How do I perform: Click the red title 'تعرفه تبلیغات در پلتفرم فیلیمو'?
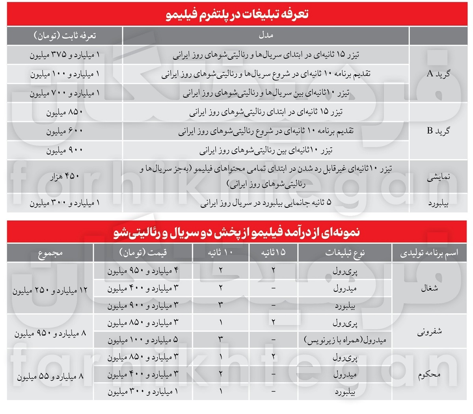(237, 14)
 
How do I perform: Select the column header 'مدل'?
(266, 35)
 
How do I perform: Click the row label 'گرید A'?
(438, 74)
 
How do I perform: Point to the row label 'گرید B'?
(438, 131)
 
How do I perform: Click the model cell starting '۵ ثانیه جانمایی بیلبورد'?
(266, 203)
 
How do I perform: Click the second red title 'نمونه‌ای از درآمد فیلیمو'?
(237, 232)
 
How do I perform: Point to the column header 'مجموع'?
(50, 253)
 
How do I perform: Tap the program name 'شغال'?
(429, 288)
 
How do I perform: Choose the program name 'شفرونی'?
(429, 332)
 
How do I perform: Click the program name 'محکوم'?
(429, 375)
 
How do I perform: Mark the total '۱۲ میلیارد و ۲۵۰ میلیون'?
(50, 291)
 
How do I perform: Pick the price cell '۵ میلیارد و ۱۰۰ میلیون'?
(143, 340)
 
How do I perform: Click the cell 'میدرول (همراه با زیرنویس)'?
(345, 340)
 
